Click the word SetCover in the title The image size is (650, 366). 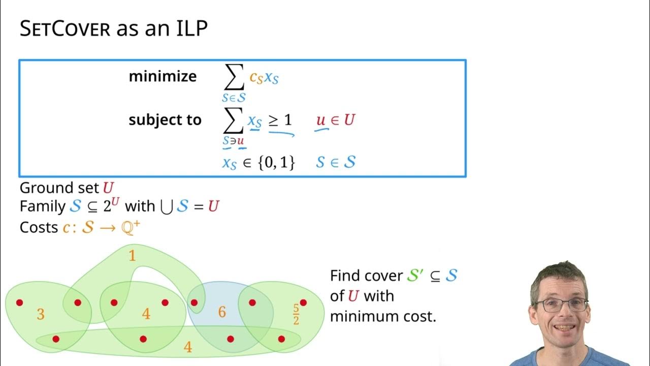[x=64, y=29]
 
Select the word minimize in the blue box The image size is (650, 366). [x=162, y=76]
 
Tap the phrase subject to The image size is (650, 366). [x=165, y=120]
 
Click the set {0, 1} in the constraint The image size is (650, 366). [x=276, y=163]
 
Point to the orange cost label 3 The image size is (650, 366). [x=41, y=315]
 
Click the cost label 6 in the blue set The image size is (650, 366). [x=222, y=312]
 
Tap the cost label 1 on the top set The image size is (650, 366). [x=132, y=256]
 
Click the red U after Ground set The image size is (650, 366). [x=108, y=188]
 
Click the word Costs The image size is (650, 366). [x=39, y=227]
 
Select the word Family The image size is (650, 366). [x=40, y=207]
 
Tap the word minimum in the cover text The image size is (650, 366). [x=367, y=316]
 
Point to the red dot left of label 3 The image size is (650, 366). [x=19, y=302]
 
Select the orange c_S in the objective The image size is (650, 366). [x=256, y=78]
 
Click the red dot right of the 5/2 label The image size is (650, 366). [x=303, y=302]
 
